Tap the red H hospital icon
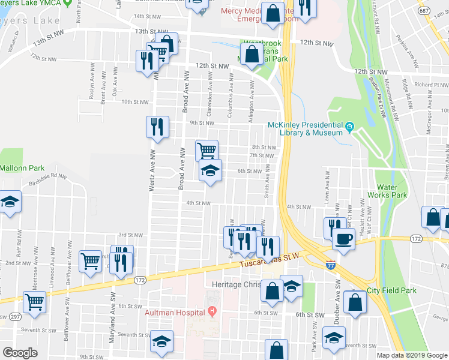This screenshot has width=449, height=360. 211,312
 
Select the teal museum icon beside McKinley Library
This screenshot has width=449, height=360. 349,127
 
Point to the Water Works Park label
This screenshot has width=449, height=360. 391,191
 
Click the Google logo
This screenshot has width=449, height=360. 19,352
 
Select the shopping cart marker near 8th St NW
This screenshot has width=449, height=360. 206,150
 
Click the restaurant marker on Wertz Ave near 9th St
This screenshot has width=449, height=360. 157,127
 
